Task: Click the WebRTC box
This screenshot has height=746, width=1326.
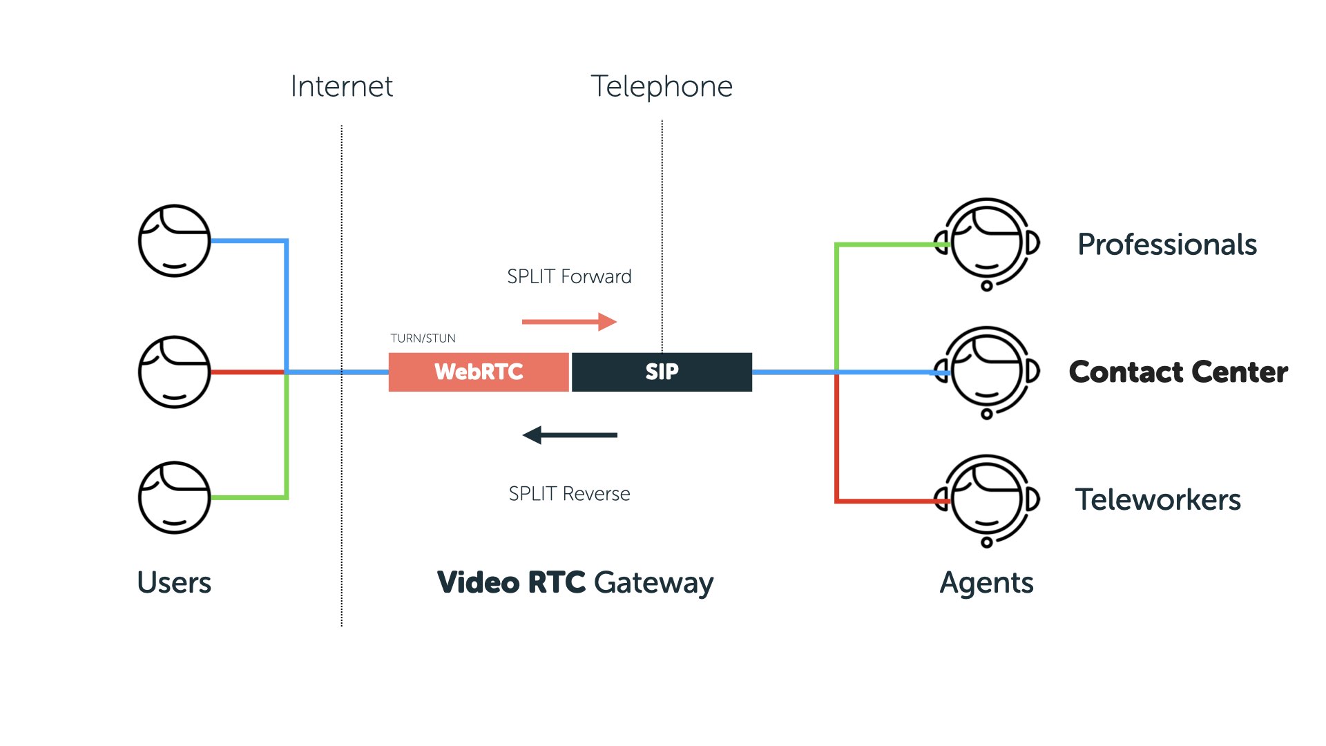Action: (479, 372)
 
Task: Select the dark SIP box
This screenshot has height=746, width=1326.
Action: (662, 372)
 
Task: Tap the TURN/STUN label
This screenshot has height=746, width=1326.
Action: (423, 338)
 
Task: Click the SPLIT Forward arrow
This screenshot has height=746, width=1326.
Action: (569, 321)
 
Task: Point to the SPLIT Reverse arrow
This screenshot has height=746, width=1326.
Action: (569, 435)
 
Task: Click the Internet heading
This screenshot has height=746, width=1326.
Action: (341, 86)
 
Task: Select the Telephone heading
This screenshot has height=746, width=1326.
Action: (662, 86)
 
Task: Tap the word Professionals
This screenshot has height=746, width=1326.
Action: (1167, 245)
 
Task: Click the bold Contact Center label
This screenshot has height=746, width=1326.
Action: (1178, 372)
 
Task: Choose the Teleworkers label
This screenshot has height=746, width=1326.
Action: (1158, 499)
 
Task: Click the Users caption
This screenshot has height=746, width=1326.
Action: (174, 582)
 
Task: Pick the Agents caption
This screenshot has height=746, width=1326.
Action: (986, 582)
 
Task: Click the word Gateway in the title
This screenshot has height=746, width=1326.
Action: (653, 582)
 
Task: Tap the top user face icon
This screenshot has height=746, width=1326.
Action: (174, 240)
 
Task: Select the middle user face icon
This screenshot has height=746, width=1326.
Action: (174, 372)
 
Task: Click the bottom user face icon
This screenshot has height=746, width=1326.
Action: (174, 497)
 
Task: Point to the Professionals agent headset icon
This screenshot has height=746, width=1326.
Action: (987, 244)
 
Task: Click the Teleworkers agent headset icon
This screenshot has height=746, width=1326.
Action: (987, 500)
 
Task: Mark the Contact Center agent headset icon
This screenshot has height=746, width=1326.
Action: (987, 372)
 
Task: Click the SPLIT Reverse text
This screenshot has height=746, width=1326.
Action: (569, 493)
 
